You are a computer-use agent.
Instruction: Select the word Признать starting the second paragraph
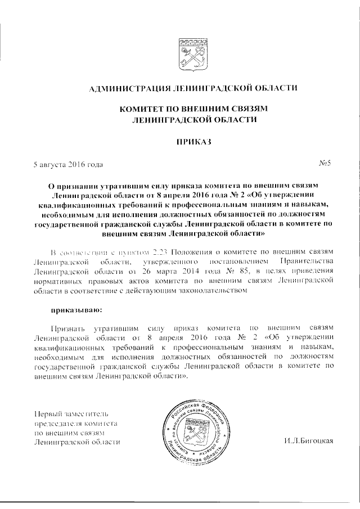point(66,327)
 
